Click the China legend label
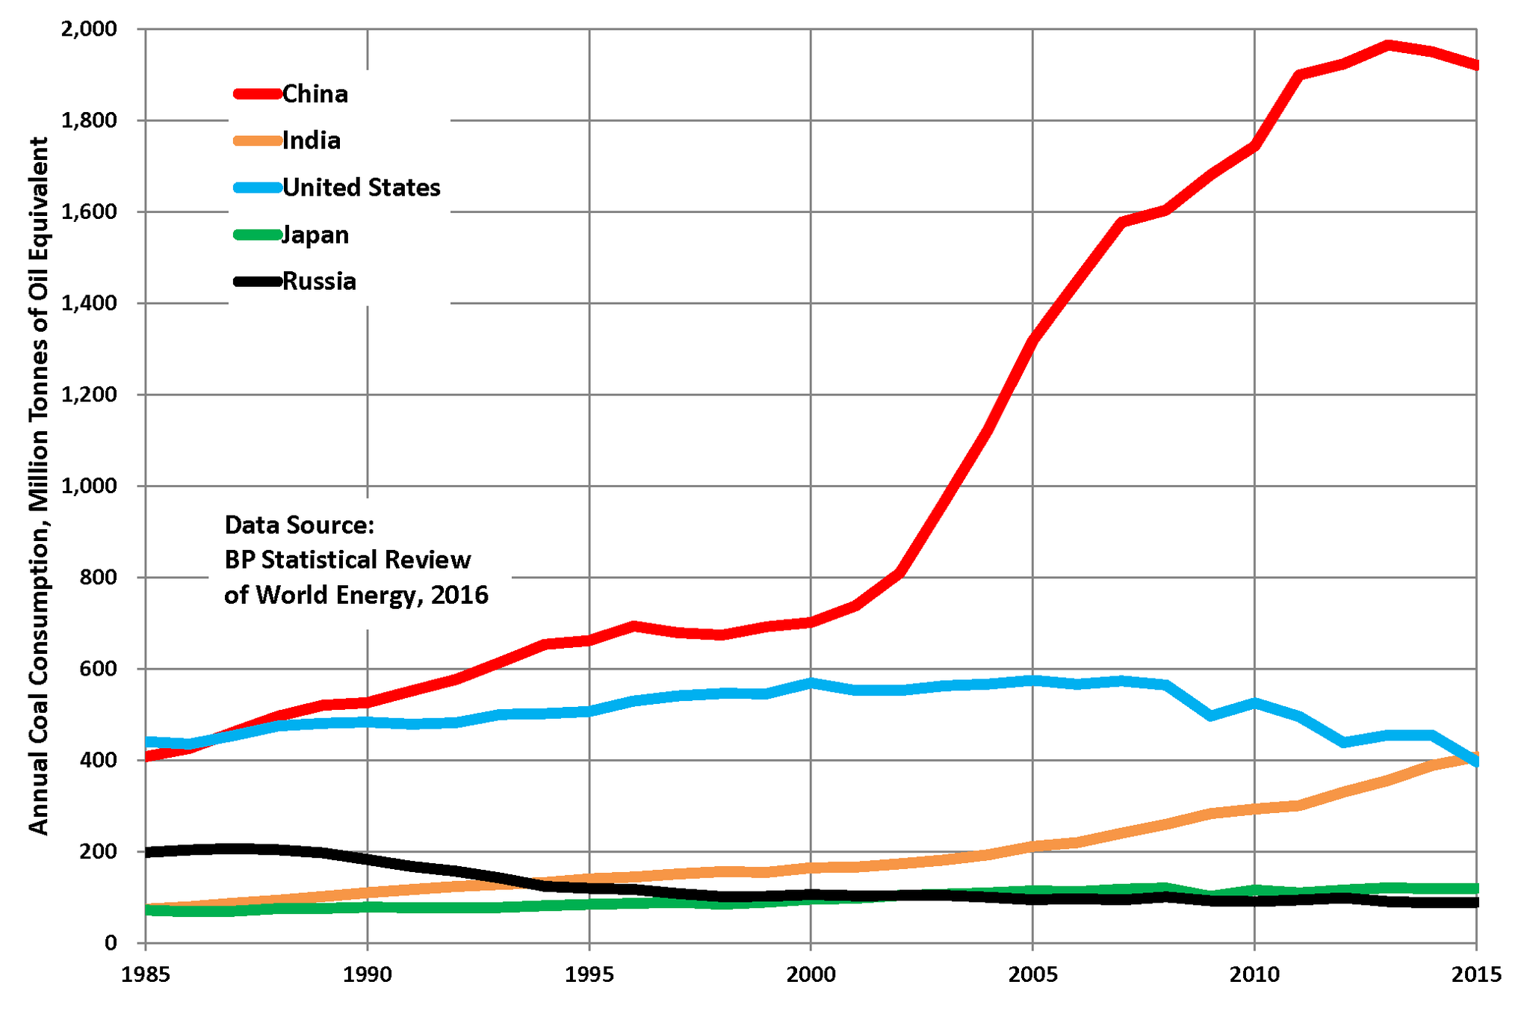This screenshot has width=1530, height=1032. pos(315,94)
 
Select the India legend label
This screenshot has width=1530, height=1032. pos(311,140)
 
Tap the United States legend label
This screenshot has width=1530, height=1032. pos(361,188)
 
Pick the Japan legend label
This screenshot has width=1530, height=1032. pos(315,235)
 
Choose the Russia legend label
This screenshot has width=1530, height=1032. pos(319,282)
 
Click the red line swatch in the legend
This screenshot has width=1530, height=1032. pos(257,94)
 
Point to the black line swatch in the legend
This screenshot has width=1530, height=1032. pos(257,282)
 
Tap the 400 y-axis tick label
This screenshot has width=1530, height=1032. pos(100,760)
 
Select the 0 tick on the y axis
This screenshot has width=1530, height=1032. pos(111,943)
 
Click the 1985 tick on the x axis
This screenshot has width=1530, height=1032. pos(146,974)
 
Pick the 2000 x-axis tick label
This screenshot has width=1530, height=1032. pos(811,974)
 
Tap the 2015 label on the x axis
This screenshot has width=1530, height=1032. pos(1475,974)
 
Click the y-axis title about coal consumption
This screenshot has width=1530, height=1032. pos(39,486)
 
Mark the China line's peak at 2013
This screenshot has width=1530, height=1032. pos(1388,46)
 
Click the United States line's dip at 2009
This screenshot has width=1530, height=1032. pos(1210,715)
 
